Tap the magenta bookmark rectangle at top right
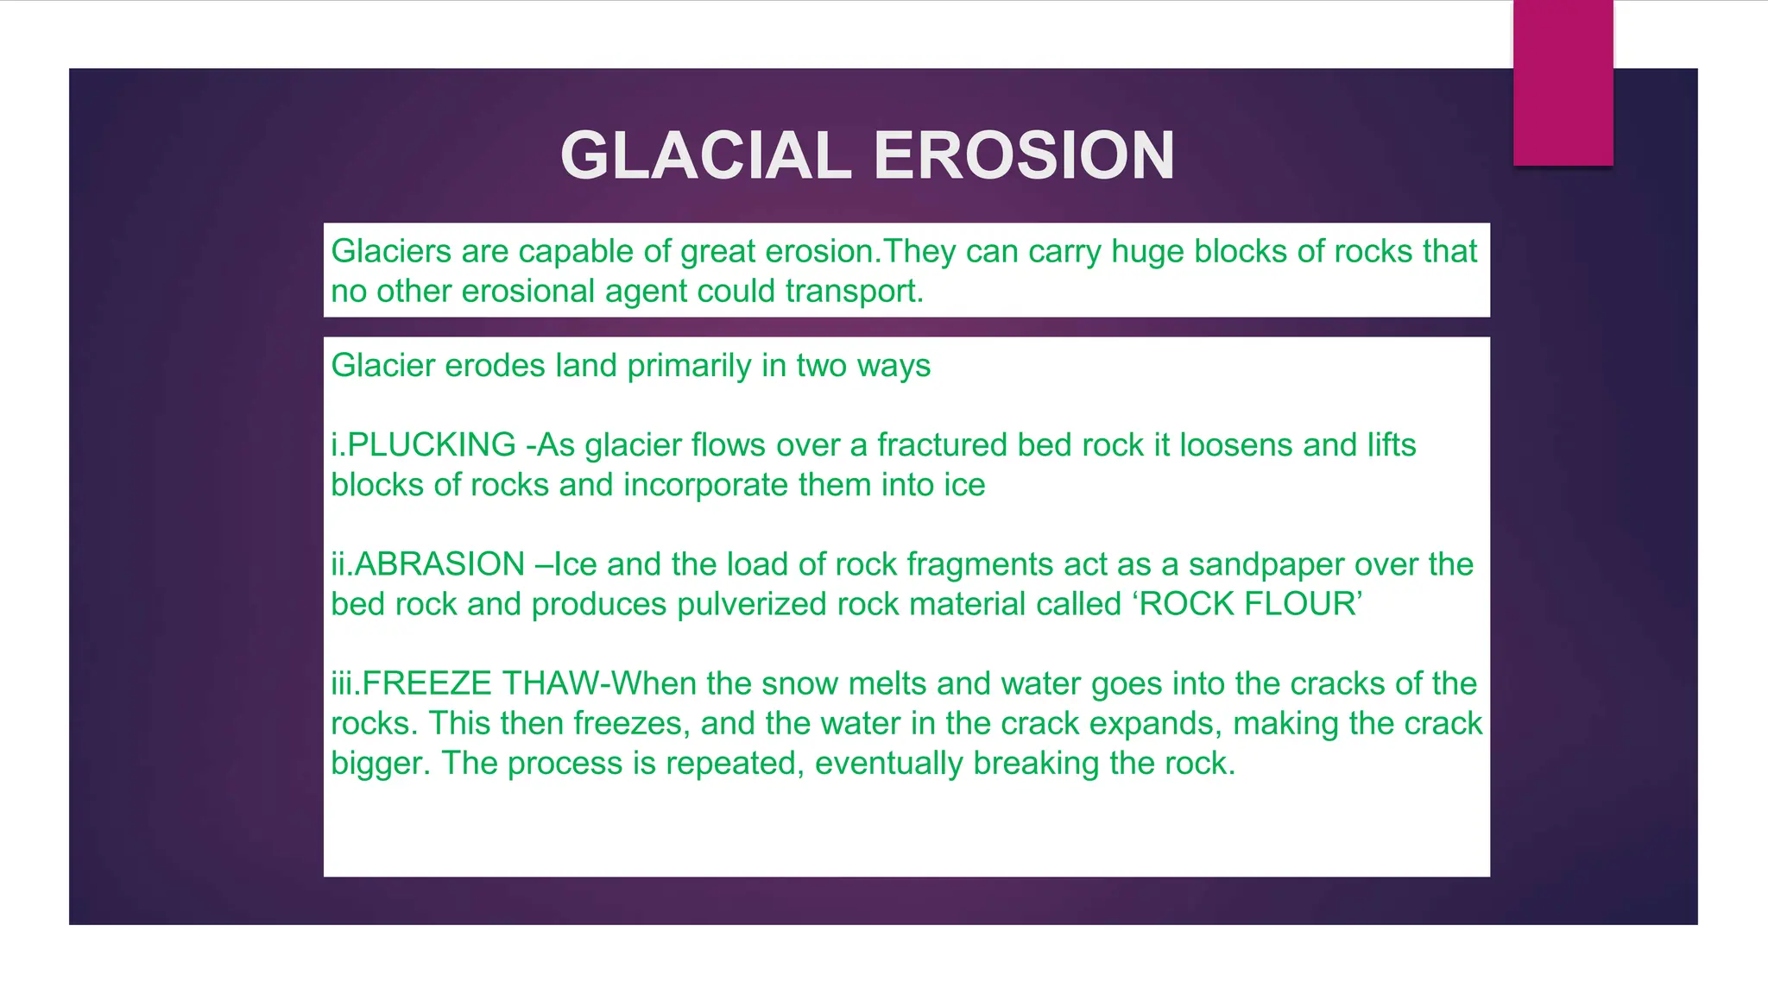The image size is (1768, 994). click(1563, 82)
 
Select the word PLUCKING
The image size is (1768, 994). click(431, 445)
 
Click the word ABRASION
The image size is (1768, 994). click(439, 564)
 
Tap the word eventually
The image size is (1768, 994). click(888, 764)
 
